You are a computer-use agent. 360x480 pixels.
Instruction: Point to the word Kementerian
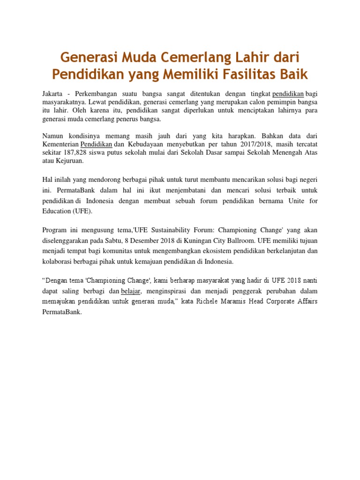point(60,144)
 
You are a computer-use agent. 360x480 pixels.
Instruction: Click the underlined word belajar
point(131,291)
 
